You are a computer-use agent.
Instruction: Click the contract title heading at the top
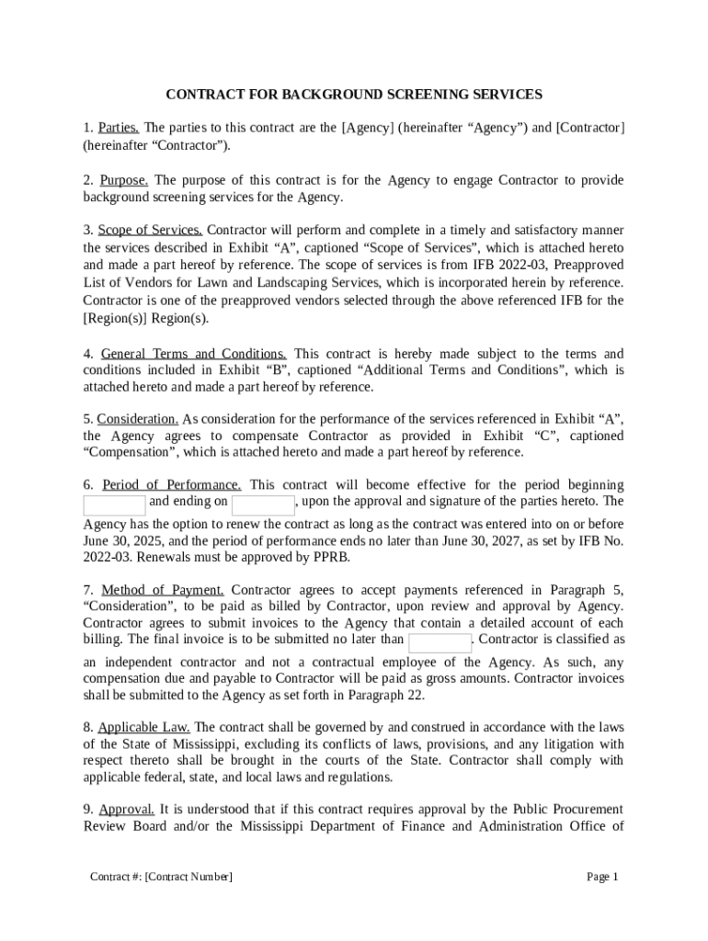click(x=354, y=95)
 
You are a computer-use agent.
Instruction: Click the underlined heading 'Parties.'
click(x=119, y=128)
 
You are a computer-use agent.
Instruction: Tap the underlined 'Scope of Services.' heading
click(x=150, y=231)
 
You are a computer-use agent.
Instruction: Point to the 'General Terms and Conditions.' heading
click(x=193, y=354)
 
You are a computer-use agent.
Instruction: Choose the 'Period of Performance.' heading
click(x=172, y=485)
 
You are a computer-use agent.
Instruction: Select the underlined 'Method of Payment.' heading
click(x=163, y=590)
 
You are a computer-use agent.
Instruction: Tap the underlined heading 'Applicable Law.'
click(x=144, y=727)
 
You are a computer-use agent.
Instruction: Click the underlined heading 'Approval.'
click(x=126, y=810)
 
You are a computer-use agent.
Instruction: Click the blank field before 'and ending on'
click(x=114, y=505)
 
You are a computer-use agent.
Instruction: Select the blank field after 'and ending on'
click(x=263, y=505)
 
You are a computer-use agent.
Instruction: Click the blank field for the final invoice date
click(x=440, y=642)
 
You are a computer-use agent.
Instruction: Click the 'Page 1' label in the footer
click(x=603, y=878)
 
